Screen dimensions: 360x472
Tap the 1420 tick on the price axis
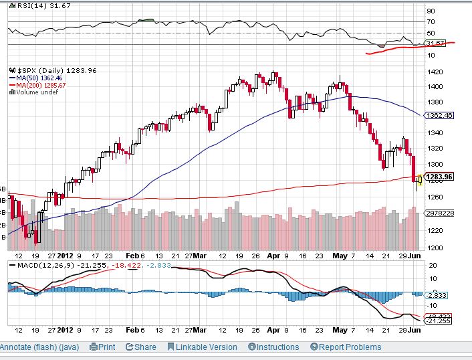point(435,72)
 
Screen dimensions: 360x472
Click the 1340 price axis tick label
point(435,132)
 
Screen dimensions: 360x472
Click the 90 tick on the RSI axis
point(431,11)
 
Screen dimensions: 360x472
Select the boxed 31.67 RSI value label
point(435,43)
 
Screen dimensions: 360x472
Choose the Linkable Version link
point(202,347)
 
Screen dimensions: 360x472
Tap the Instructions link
point(273,347)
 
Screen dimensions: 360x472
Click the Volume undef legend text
point(35,92)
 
